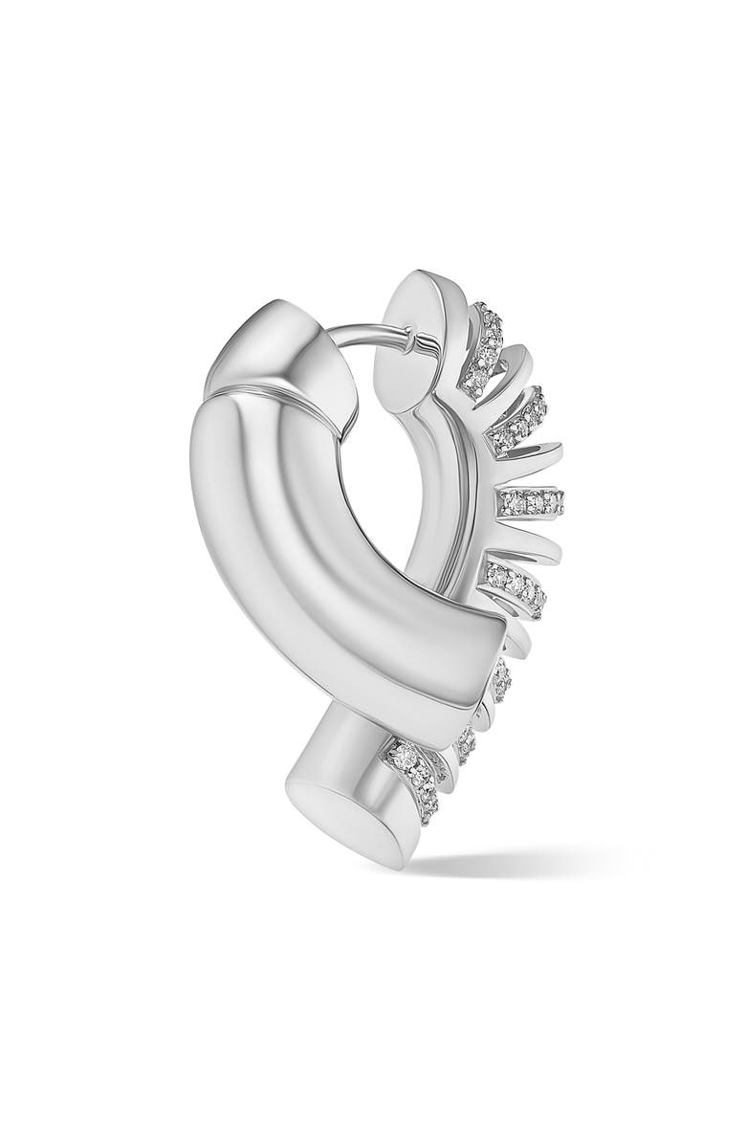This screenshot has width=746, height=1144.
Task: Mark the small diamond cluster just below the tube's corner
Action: coord(501,679)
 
